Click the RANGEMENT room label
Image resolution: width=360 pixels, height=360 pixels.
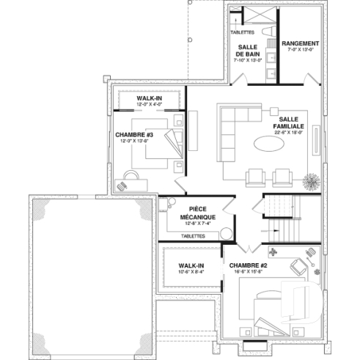coord(299,43)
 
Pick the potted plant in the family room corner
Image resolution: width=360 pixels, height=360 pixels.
coord(312,180)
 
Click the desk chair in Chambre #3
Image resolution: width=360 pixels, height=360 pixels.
coord(131,175)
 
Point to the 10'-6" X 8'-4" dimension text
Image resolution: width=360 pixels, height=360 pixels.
coord(191,272)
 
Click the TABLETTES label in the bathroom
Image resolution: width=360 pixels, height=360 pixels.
coord(242,32)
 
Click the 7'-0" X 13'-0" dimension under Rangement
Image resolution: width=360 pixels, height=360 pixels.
coord(299,51)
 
